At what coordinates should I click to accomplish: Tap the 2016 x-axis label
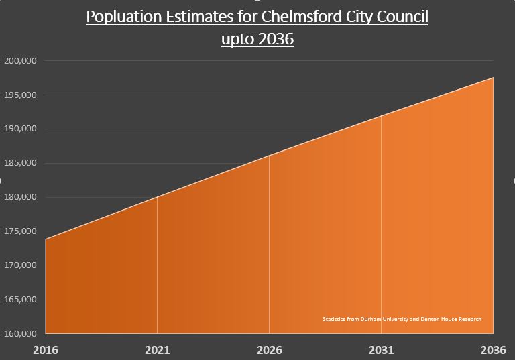(46, 350)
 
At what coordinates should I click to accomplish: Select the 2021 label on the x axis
(157, 350)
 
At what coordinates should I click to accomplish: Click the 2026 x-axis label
(270, 350)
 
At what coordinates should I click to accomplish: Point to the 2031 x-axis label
(382, 350)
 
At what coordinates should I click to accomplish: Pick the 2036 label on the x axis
(493, 350)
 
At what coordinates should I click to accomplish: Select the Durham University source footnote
(402, 319)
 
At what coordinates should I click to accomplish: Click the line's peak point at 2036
(493, 78)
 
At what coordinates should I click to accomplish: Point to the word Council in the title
(401, 17)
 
